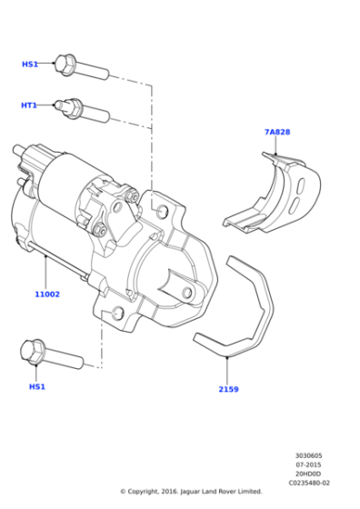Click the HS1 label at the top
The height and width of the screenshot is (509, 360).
[29, 65]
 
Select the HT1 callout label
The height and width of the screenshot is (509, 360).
[29, 105]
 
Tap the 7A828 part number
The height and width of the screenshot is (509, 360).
[277, 132]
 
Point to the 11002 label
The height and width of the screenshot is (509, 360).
[47, 294]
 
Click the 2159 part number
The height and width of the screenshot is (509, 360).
[228, 389]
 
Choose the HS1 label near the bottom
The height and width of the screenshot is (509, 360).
[36, 386]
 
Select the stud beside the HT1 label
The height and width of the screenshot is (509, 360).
[85, 110]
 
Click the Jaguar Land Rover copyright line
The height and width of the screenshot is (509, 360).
[191, 492]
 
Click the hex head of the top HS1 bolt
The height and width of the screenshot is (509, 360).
[65, 64]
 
